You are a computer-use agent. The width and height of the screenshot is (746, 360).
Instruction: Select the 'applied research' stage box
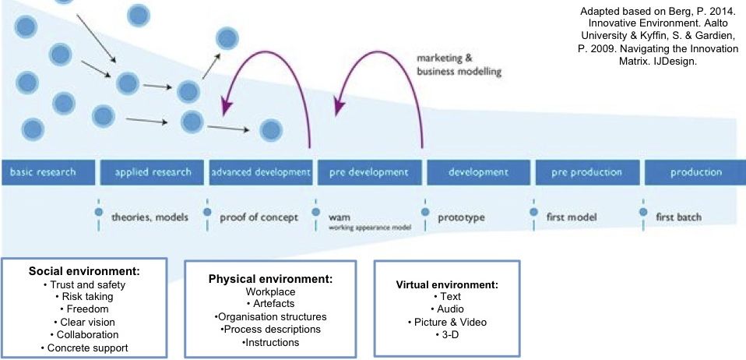point(153,172)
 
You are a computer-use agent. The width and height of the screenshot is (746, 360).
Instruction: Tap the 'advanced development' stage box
point(261,172)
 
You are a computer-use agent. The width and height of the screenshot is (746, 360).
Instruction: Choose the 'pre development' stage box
point(369,172)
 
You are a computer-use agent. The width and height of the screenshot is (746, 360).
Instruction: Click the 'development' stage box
point(477,172)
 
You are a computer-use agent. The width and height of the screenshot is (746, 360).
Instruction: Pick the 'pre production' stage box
point(586,172)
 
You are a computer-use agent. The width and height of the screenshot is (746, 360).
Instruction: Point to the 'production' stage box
point(695,172)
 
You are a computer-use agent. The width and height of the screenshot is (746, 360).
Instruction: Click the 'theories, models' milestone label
point(150,217)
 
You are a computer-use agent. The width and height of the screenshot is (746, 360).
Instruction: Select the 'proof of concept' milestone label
point(259,217)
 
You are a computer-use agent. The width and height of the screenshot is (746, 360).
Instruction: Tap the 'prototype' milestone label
point(461,217)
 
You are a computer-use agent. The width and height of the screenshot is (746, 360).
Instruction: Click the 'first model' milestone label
point(572,217)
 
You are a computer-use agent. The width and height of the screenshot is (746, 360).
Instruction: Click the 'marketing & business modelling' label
point(459,65)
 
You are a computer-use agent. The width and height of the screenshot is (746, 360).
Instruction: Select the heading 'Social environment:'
point(84,271)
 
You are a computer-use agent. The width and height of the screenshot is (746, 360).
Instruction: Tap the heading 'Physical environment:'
point(270,278)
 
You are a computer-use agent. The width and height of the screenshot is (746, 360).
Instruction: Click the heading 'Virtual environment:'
point(447,284)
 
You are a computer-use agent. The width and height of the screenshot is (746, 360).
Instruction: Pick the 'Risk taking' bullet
point(84,296)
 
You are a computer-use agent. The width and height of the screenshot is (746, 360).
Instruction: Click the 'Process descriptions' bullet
point(270,330)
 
